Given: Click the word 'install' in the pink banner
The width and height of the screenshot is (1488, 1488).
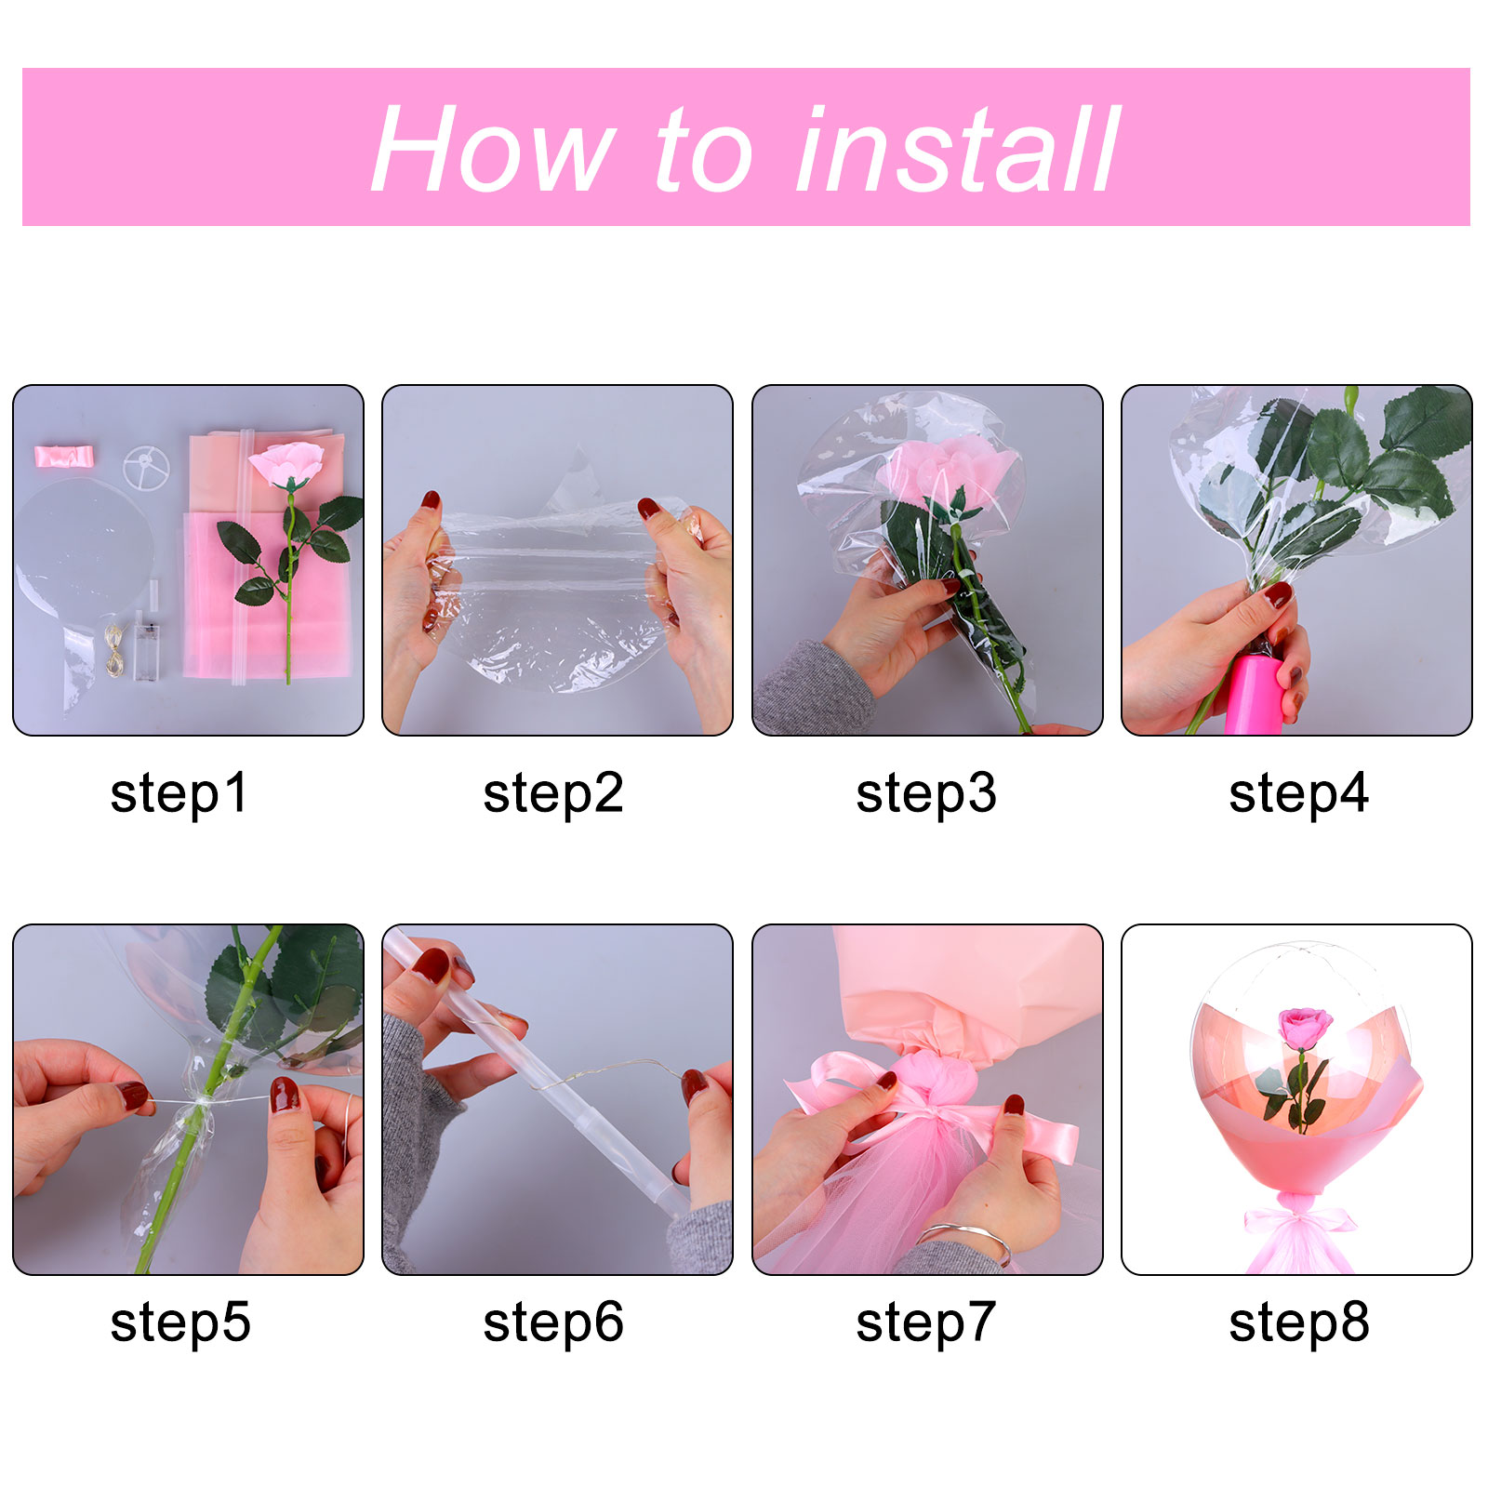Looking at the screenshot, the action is point(958,149).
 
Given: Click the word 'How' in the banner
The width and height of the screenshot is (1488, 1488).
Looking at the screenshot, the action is point(492,149).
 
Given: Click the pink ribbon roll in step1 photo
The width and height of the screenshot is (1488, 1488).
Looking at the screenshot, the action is point(64,456).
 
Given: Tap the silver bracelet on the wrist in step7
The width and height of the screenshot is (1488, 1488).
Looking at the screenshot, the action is point(967,1240).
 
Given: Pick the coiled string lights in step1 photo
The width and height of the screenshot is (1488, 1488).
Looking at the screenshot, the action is point(114,648).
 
